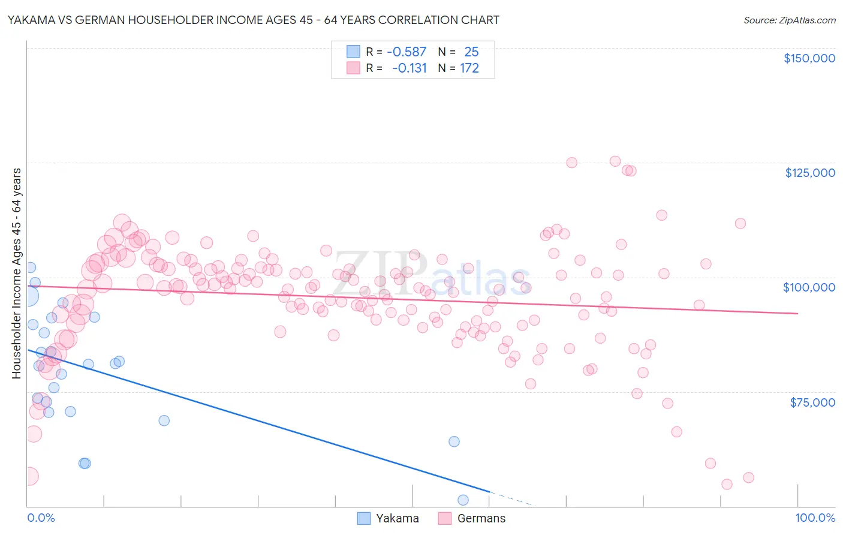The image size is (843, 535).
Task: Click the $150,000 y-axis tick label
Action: pyautogui.click(x=809, y=58)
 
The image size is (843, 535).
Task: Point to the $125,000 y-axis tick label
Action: pyautogui.click(x=809, y=173)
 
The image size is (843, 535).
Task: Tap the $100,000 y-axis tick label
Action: pyautogui.click(x=809, y=287)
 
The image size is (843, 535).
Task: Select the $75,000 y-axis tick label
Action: pyautogui.click(x=812, y=402)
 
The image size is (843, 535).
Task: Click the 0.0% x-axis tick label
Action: pyautogui.click(x=41, y=518)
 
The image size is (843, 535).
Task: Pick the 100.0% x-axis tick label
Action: pyautogui.click(x=815, y=518)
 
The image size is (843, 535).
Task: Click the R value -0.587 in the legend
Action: pyautogui.click(x=407, y=52)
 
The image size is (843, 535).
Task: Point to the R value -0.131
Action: pyautogui.click(x=409, y=68)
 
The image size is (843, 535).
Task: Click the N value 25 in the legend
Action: pyautogui.click(x=471, y=52)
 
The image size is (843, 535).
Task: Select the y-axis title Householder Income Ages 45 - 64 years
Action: pyautogui.click(x=16, y=273)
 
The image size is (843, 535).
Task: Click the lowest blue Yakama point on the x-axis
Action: pyautogui.click(x=463, y=500)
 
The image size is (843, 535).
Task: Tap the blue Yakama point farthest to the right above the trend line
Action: pyautogui.click(x=454, y=441)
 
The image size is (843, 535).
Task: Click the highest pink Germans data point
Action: pyautogui.click(x=615, y=161)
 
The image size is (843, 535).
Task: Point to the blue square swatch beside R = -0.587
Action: pyautogui.click(x=354, y=52)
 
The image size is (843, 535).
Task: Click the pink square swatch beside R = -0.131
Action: pyautogui.click(x=354, y=68)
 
